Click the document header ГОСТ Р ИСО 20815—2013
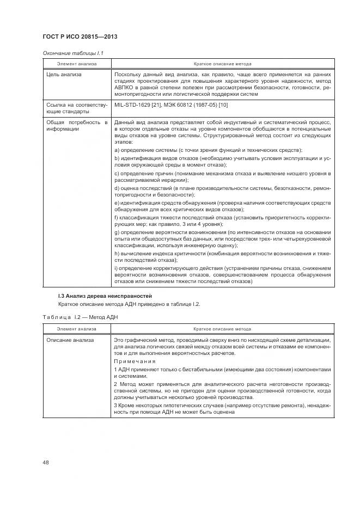click(80, 37)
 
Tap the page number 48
click(46, 462)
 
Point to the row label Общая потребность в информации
click(77, 126)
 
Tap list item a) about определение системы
click(208, 150)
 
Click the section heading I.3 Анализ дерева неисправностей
click(105, 296)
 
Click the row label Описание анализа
click(70, 340)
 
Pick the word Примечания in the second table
click(135, 361)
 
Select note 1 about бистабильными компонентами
click(222, 372)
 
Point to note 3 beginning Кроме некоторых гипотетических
click(222, 408)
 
